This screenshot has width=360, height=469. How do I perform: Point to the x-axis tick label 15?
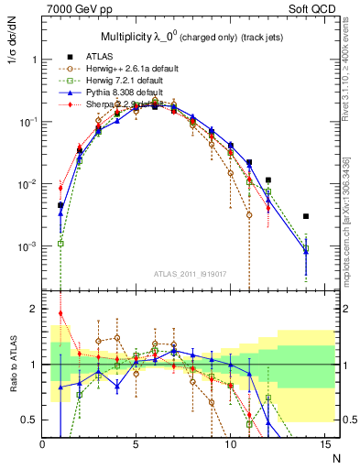click(324, 442)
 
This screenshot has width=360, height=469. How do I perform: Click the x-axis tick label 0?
click(42, 442)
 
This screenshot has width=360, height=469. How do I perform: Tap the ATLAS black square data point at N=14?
click(306, 216)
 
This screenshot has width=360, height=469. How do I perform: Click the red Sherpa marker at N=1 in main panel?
click(60, 188)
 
